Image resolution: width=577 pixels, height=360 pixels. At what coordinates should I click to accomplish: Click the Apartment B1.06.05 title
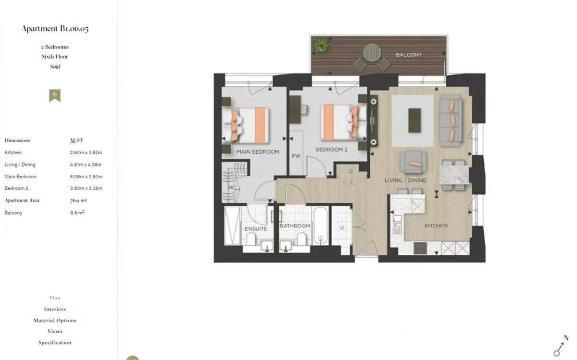55,29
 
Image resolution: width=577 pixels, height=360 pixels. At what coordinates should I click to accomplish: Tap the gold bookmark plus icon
55,95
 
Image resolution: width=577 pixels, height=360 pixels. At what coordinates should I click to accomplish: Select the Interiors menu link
55,309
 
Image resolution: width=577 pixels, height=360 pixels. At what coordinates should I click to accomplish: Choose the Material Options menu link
55,321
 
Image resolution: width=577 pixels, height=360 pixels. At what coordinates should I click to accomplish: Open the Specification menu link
55,343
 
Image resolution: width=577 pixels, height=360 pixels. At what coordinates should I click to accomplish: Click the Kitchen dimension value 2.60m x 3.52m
86,152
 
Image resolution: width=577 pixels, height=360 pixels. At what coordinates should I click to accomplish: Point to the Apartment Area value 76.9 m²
78,200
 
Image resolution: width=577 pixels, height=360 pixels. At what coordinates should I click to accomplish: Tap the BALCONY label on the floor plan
409,55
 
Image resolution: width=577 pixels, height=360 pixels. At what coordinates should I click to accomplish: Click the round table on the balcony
372,52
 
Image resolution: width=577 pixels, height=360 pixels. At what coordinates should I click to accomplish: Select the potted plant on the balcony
321,46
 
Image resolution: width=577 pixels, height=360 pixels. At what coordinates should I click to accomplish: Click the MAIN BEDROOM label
258,152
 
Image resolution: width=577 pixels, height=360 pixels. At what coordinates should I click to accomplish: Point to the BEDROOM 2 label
331,149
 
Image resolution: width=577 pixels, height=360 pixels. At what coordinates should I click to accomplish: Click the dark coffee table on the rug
414,120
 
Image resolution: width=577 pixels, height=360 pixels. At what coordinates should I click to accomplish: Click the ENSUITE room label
255,229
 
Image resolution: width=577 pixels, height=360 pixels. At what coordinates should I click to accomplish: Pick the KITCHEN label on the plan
436,225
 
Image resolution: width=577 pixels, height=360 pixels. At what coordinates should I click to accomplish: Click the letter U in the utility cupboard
342,227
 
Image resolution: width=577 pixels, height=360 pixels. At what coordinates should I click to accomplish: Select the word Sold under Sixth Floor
55,67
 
